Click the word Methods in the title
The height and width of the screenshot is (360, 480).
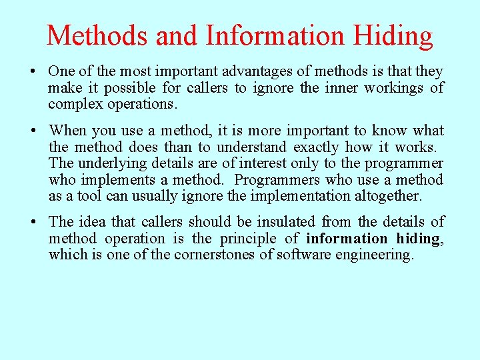(x=98, y=35)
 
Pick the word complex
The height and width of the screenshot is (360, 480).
(x=73, y=105)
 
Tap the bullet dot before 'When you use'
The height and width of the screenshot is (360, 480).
(x=40, y=131)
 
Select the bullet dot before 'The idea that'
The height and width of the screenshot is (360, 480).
(x=40, y=222)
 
